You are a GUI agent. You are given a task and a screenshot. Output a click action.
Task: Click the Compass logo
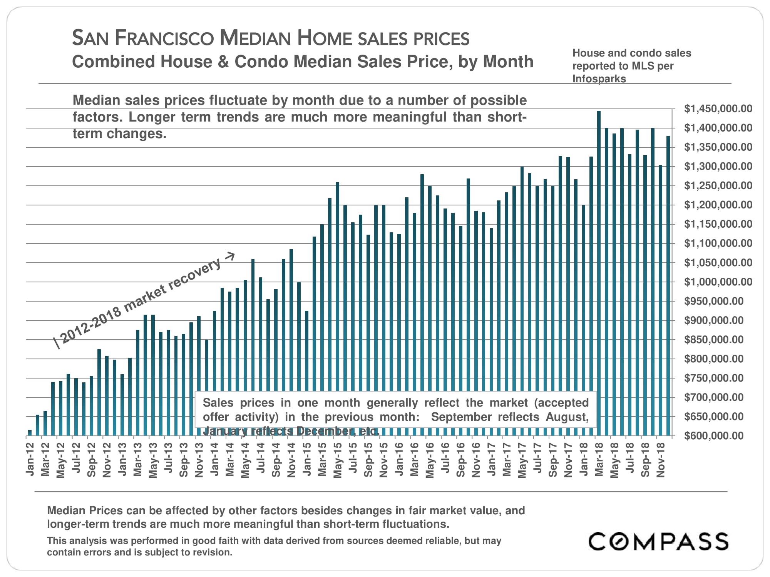[658, 541]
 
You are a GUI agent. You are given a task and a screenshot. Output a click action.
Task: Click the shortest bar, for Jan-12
[30, 433]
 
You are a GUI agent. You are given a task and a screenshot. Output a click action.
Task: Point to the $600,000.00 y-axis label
[713, 436]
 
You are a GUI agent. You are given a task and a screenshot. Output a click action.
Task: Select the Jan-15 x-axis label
[307, 459]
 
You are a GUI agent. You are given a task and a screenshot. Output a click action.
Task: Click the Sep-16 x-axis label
[460, 460]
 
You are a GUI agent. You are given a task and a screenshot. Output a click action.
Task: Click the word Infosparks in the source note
[599, 79]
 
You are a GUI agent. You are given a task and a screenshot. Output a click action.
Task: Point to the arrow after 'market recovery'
[229, 256]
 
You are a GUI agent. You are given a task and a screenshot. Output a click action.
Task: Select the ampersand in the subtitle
[223, 62]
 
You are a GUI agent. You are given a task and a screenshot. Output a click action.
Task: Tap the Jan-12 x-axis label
[30, 459]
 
